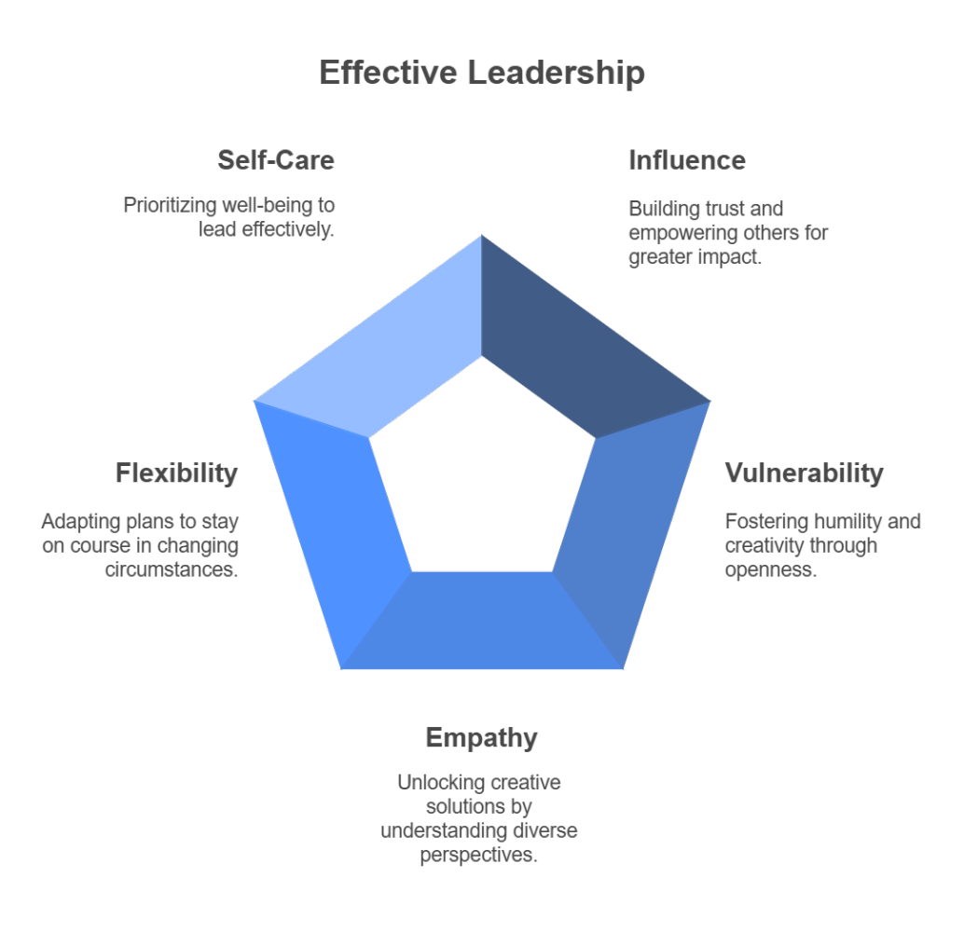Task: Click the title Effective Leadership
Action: [x=481, y=73]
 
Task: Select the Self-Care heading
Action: [x=276, y=160]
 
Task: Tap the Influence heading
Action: [x=687, y=160]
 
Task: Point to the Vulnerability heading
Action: [x=804, y=473]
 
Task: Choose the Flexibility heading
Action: [x=177, y=473]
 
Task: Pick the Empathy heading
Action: [x=481, y=738]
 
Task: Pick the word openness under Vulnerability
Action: [x=771, y=569]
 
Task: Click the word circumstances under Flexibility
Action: [x=172, y=569]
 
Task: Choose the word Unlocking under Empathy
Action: [x=437, y=782]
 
